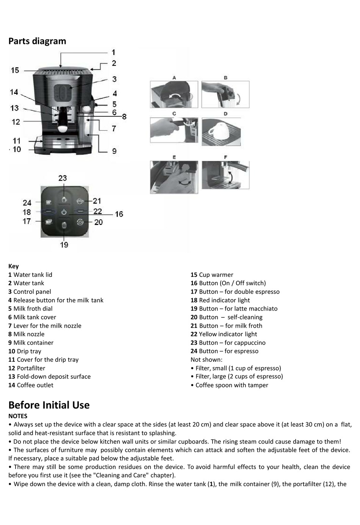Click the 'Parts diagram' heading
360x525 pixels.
click(x=37, y=41)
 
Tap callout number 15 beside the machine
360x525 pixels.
click(x=15, y=70)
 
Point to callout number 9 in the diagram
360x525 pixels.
click(x=114, y=151)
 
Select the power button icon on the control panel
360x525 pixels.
click(x=64, y=212)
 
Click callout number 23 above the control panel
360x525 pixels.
click(x=63, y=178)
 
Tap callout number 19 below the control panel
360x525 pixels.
click(x=64, y=245)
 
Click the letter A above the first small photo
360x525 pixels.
click(x=174, y=78)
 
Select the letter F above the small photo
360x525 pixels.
click(x=225, y=157)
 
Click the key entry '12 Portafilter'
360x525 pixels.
click(x=27, y=368)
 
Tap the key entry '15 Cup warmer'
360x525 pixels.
click(x=212, y=275)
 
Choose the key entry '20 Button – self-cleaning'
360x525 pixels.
click(x=226, y=317)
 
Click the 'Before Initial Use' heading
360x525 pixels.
click(x=49, y=405)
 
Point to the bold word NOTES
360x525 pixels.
click(x=18, y=416)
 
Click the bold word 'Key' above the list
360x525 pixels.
click(x=13, y=266)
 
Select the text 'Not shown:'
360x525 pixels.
click(x=207, y=359)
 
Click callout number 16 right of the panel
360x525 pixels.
click(x=119, y=214)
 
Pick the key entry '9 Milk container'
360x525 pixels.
click(x=31, y=343)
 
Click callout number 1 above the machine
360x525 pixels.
click(x=113, y=52)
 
